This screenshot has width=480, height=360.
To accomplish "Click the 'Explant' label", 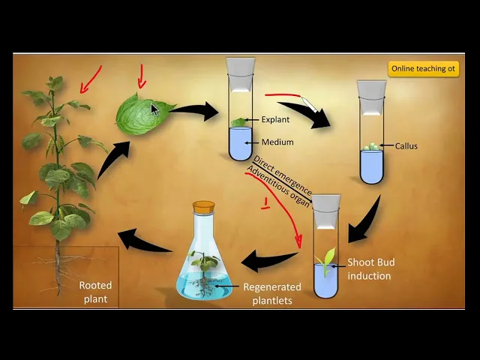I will tap(274, 119).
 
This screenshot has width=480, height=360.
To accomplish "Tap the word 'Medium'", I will tap(277, 142).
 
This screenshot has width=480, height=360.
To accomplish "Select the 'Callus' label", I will tap(406, 146).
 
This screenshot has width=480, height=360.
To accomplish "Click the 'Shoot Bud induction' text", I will tap(370, 269).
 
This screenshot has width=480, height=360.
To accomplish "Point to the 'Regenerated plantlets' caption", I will tap(271, 293).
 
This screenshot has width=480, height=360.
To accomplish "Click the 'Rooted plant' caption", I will tap(95, 292).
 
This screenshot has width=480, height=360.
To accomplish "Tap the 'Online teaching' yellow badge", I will tap(423, 69).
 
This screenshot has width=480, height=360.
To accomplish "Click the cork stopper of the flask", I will tap(203, 207).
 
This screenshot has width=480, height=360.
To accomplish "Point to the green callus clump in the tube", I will tap(371, 148).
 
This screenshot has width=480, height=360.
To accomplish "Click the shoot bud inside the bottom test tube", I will tap(326, 259).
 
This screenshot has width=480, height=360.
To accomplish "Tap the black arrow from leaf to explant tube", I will tap(196, 111).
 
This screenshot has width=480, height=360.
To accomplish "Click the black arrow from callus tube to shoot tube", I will tap(368, 217).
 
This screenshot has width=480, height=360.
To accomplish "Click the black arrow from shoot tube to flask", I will tap(271, 261).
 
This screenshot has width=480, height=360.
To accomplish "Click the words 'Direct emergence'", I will tap(282, 175).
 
